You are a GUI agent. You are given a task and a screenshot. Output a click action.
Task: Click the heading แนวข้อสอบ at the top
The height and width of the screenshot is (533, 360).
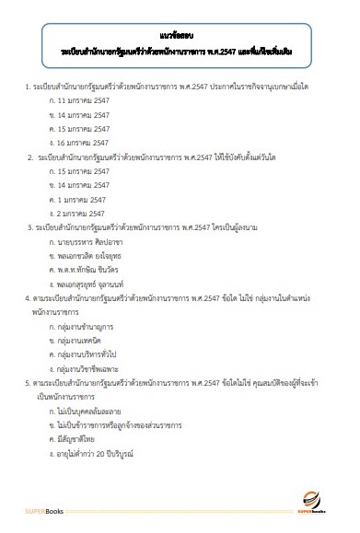point(180,31)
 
